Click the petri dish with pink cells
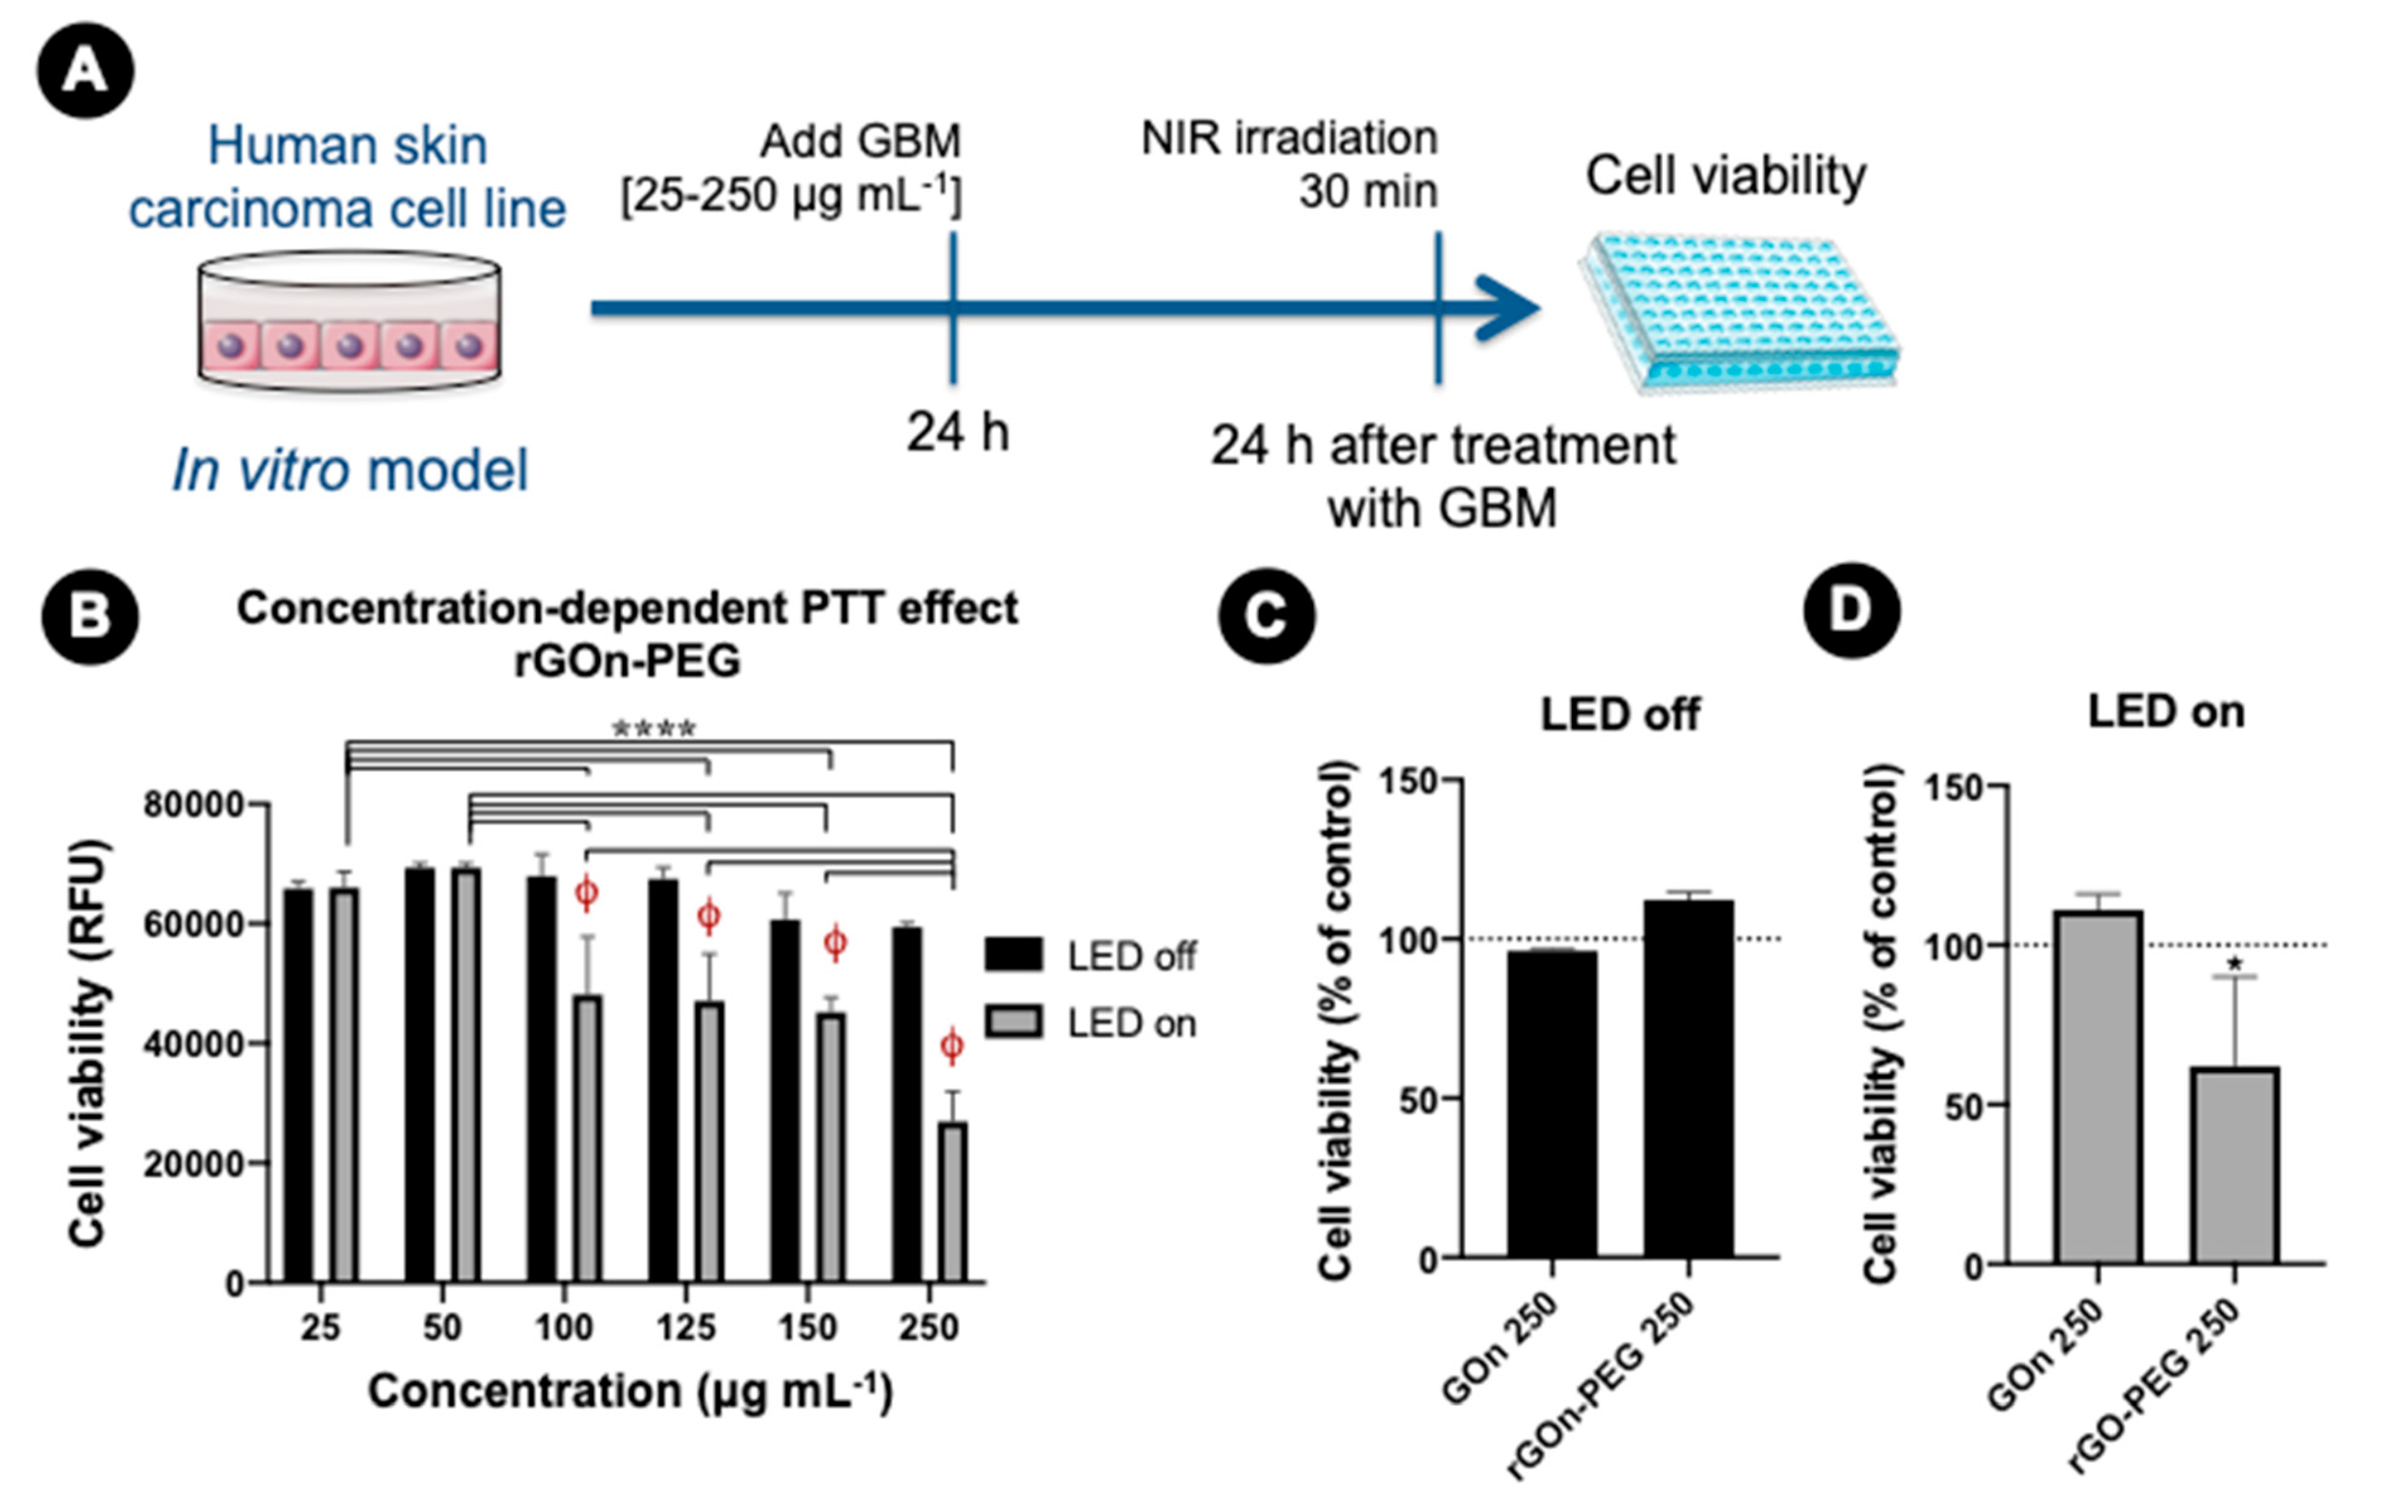coord(349,323)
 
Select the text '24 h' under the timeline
coord(957,433)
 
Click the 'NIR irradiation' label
coord(1289,138)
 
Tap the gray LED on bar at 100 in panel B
coord(588,1137)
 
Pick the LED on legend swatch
coord(1013,1022)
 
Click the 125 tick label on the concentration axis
coord(685,1326)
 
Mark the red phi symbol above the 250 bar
coord(951,1045)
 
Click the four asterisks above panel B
coord(654,730)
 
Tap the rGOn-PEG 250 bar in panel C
coord(1689,1078)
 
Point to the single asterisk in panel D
coord(2235,965)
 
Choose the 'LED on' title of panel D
coord(2165,712)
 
